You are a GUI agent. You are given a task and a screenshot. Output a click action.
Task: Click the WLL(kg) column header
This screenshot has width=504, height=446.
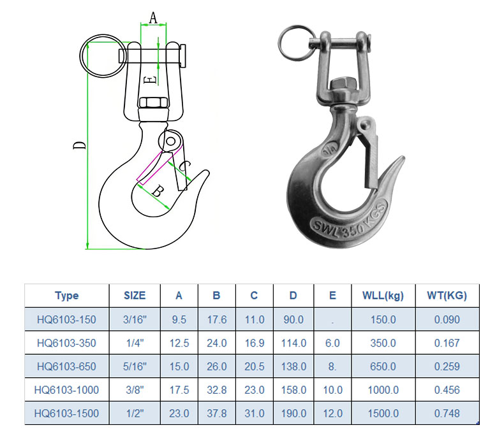click(x=383, y=296)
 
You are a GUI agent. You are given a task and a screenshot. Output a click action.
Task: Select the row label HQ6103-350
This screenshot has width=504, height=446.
click(x=66, y=343)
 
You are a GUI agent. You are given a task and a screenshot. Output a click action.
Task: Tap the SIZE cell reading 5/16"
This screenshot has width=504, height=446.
click(x=135, y=366)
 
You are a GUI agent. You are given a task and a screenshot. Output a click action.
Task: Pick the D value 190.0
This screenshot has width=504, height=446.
click(x=293, y=414)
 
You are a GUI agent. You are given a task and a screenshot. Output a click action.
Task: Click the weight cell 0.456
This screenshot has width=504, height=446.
click(x=447, y=390)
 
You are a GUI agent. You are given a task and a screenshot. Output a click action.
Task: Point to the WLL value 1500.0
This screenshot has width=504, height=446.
click(x=383, y=414)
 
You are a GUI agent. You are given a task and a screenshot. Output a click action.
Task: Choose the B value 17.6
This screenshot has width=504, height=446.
click(x=216, y=320)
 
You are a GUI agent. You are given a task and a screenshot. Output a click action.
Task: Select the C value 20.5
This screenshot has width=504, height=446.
click(x=254, y=366)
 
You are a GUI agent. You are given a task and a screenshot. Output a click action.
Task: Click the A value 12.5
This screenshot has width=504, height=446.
click(x=179, y=343)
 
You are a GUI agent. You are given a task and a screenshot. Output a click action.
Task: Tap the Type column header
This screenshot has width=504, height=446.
click(x=66, y=296)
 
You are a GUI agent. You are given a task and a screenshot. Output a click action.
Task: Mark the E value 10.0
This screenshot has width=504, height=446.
click(x=332, y=390)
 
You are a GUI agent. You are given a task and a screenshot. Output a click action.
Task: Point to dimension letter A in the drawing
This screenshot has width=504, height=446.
click(x=153, y=18)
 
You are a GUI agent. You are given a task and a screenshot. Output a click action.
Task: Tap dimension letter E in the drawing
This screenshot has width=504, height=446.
click(x=149, y=80)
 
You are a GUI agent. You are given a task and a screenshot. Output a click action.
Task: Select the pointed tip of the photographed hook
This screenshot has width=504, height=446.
click(x=402, y=159)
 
